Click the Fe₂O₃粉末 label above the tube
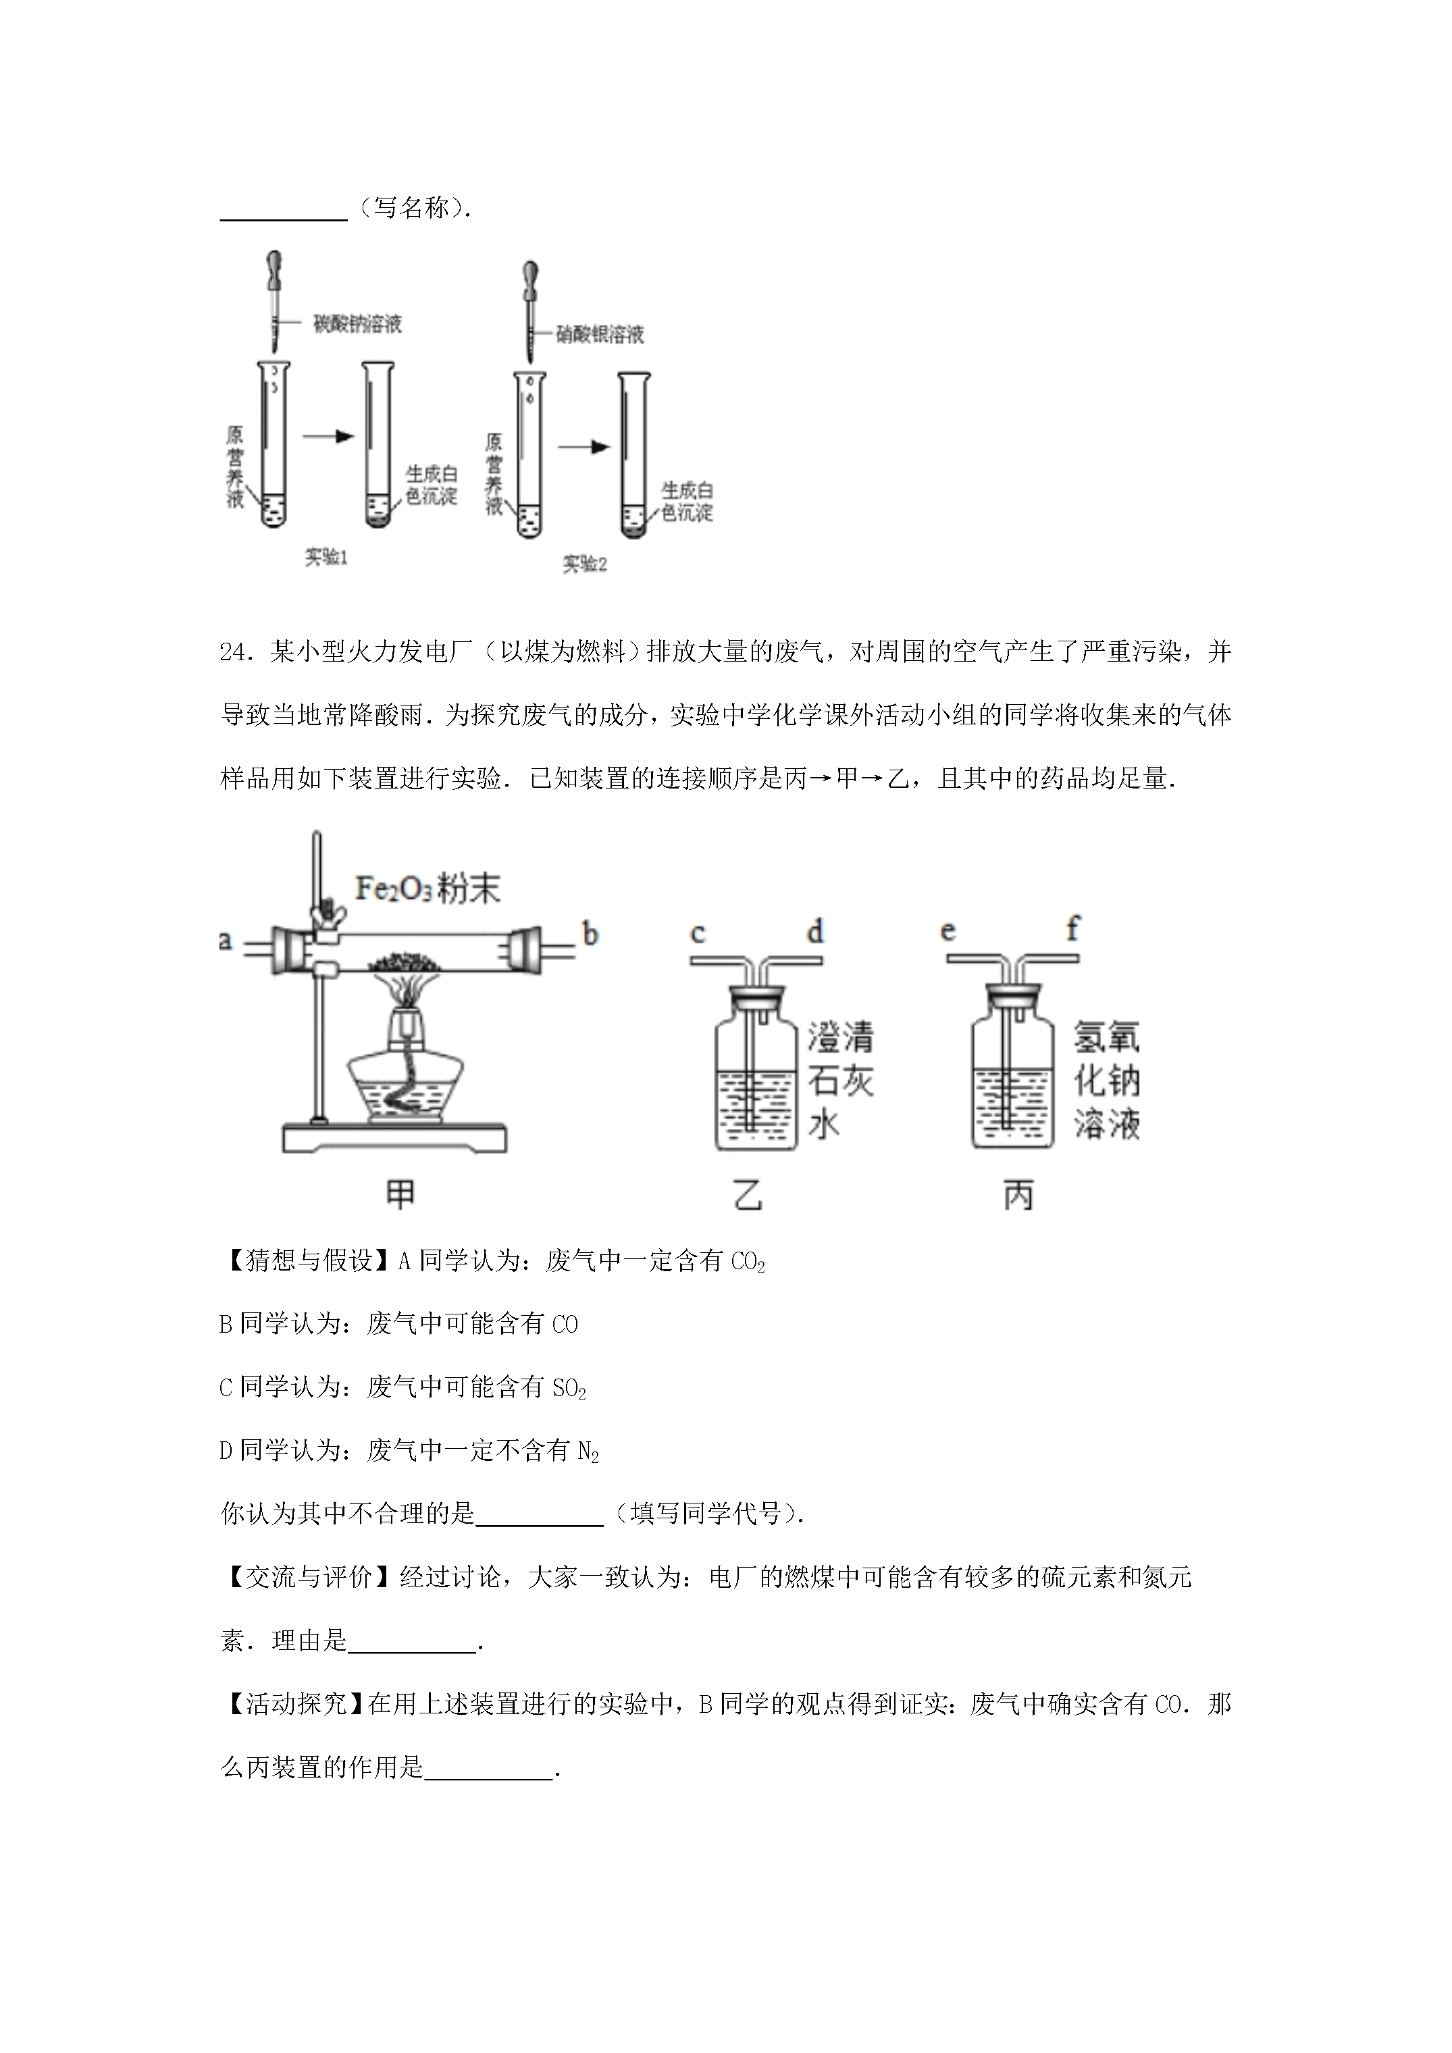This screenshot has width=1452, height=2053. (427, 889)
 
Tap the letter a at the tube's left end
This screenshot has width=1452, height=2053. (226, 940)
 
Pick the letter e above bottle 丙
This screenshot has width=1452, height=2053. (948, 931)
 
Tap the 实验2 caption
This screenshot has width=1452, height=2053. (584, 564)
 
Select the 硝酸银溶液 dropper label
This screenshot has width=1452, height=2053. (600, 334)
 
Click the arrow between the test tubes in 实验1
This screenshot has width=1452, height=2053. (328, 436)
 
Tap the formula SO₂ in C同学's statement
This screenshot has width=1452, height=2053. (569, 1389)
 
